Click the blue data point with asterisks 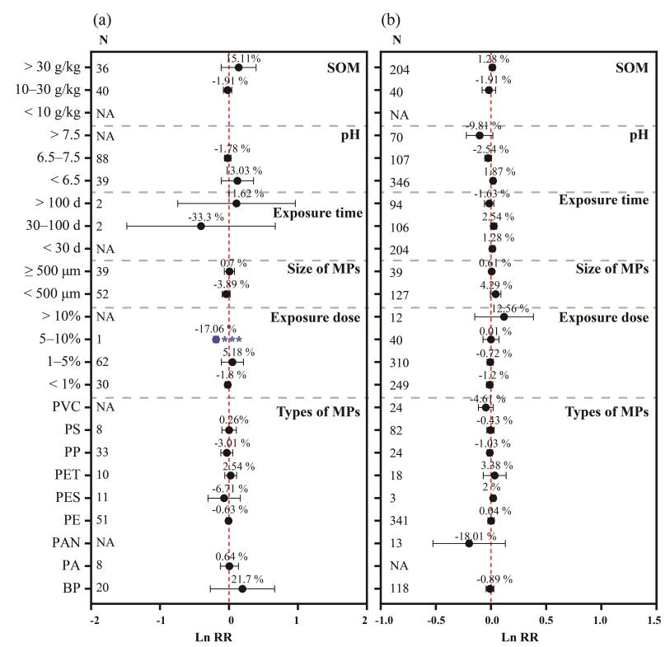pos(216,339)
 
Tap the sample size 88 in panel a pos(102,158)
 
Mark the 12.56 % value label pos(511,307)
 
